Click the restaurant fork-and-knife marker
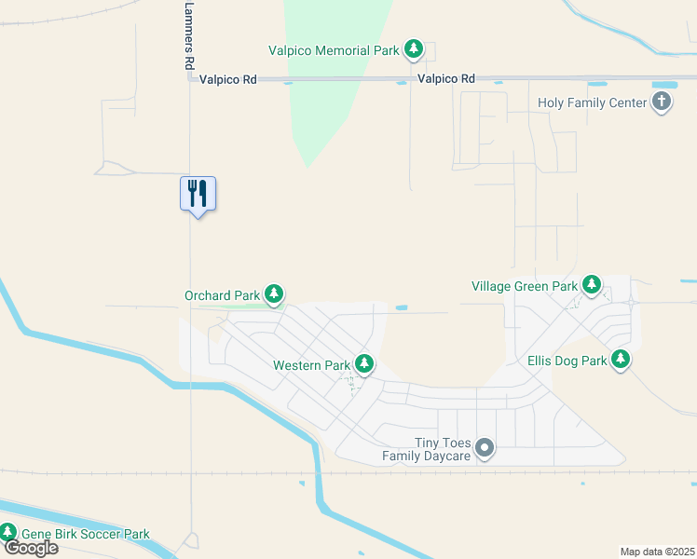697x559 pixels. (x=198, y=194)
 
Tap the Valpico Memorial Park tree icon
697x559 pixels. (x=413, y=49)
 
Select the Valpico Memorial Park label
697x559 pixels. (x=333, y=50)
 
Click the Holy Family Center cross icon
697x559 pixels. (x=662, y=102)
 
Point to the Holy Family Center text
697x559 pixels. (x=592, y=102)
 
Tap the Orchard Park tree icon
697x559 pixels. (x=274, y=295)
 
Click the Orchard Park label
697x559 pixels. (x=222, y=296)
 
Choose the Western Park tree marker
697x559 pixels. (x=364, y=364)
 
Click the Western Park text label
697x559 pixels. (x=310, y=365)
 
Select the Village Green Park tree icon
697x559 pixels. (x=591, y=285)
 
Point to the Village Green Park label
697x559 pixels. (x=525, y=286)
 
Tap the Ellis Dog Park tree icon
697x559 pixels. (x=621, y=360)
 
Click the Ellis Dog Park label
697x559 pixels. (x=566, y=361)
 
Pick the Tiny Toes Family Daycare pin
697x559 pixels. (x=484, y=449)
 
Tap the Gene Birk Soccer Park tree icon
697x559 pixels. (x=8, y=534)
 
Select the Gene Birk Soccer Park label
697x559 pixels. (x=85, y=535)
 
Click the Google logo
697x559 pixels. (x=31, y=548)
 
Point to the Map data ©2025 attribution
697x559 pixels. (x=657, y=552)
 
